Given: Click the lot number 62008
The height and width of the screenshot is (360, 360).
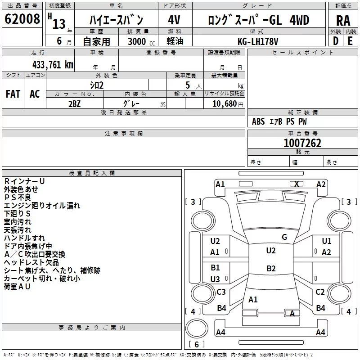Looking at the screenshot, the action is click(x=22, y=19).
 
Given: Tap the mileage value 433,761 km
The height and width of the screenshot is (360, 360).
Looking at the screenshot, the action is click(x=53, y=65).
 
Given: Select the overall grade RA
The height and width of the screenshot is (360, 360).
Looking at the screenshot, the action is click(x=343, y=21).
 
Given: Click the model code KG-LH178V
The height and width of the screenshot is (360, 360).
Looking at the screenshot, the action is click(x=258, y=41).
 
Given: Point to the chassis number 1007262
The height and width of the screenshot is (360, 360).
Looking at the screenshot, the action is click(x=302, y=143).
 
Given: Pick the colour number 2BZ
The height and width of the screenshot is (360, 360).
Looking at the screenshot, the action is click(x=75, y=104).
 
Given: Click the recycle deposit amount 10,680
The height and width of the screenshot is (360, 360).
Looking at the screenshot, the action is click(x=225, y=103).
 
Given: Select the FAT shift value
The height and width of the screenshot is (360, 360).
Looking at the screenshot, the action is click(x=13, y=94).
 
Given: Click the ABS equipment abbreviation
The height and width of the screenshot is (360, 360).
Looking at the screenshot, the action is click(x=258, y=121).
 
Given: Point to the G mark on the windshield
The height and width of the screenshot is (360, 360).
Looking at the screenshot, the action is click(x=284, y=237).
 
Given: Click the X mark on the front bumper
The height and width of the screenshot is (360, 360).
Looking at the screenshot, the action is click(x=297, y=184).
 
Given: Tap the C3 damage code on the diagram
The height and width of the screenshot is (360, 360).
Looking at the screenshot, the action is click(x=221, y=292).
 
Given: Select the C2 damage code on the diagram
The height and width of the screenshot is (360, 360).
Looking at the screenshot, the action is click(x=320, y=292).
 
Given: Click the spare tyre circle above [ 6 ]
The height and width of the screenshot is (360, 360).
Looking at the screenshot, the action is click(x=197, y=328).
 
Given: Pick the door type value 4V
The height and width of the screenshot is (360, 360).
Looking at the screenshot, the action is click(x=174, y=20).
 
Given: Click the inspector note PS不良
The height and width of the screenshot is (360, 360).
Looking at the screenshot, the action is click(x=18, y=197).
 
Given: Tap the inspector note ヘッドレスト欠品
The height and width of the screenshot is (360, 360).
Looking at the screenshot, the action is click(x=31, y=262).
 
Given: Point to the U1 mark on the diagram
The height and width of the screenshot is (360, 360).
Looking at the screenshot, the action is click(x=327, y=241).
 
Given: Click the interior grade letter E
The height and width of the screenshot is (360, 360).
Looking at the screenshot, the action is click(x=350, y=41).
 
